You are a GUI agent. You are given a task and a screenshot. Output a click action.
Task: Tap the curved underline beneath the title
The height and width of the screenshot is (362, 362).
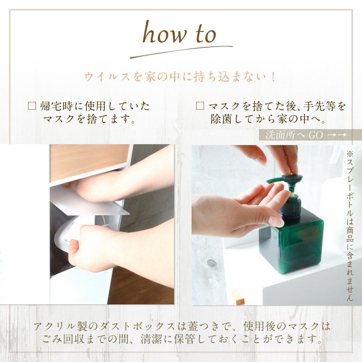(x=181, y=51)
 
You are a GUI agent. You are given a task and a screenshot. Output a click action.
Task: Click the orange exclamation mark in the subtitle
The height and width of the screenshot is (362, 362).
(x=274, y=76)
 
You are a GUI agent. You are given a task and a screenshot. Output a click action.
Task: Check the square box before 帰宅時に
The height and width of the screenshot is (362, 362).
(x=32, y=106)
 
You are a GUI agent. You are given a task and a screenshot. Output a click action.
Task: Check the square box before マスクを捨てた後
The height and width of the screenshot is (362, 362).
(x=200, y=106)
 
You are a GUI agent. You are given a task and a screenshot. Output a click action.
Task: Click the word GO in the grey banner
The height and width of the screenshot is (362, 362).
(x=315, y=135)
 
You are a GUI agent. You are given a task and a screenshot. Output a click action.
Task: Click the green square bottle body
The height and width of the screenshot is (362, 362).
(x=291, y=243)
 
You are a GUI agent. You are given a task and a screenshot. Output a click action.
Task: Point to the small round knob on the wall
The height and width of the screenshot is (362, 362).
(x=211, y=263)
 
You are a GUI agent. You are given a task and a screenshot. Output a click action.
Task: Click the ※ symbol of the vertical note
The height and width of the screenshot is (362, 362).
(x=349, y=154)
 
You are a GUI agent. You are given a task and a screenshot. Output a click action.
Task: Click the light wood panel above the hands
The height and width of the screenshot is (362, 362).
(x=89, y=162)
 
